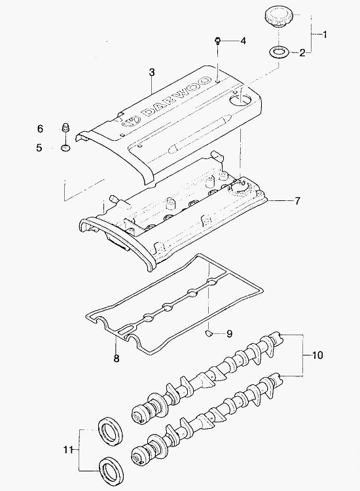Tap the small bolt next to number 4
218,41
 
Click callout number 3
152,72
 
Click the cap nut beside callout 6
65,127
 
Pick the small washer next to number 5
65,147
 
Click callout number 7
297,200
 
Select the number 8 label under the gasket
117,358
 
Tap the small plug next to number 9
209,333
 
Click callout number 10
317,355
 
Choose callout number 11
67,450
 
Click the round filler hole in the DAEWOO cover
240,100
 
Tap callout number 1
325,34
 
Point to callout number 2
302,52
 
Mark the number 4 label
243,41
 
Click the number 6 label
41,128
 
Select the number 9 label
230,334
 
